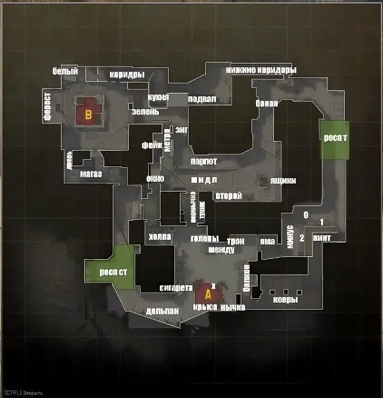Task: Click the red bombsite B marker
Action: [88, 114]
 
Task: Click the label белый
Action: [65, 71]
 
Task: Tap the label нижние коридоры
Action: [261, 70]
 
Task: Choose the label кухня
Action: [158, 98]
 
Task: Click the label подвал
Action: [202, 99]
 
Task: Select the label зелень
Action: [145, 111]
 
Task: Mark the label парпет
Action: [204, 161]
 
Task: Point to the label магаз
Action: [91, 174]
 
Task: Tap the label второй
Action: [228, 196]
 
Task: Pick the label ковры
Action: [285, 300]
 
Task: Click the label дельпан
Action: [162, 311]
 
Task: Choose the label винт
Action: [322, 238]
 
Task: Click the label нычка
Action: [233, 308]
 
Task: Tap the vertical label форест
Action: [47, 107]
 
